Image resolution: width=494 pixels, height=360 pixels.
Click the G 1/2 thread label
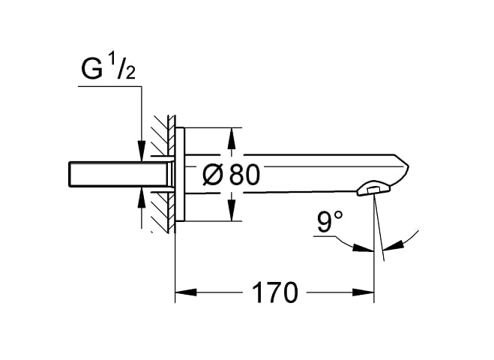(109, 69)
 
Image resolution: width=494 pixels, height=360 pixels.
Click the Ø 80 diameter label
(231, 175)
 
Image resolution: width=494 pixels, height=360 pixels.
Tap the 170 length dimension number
(274, 292)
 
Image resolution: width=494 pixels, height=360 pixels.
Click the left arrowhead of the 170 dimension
(186, 292)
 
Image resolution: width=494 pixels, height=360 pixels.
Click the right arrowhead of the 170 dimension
(363, 292)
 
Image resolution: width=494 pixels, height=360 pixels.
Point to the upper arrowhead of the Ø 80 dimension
(232, 138)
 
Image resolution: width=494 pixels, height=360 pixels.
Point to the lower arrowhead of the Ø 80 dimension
(232, 211)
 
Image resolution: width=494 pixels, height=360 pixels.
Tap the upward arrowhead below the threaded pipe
(142, 198)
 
